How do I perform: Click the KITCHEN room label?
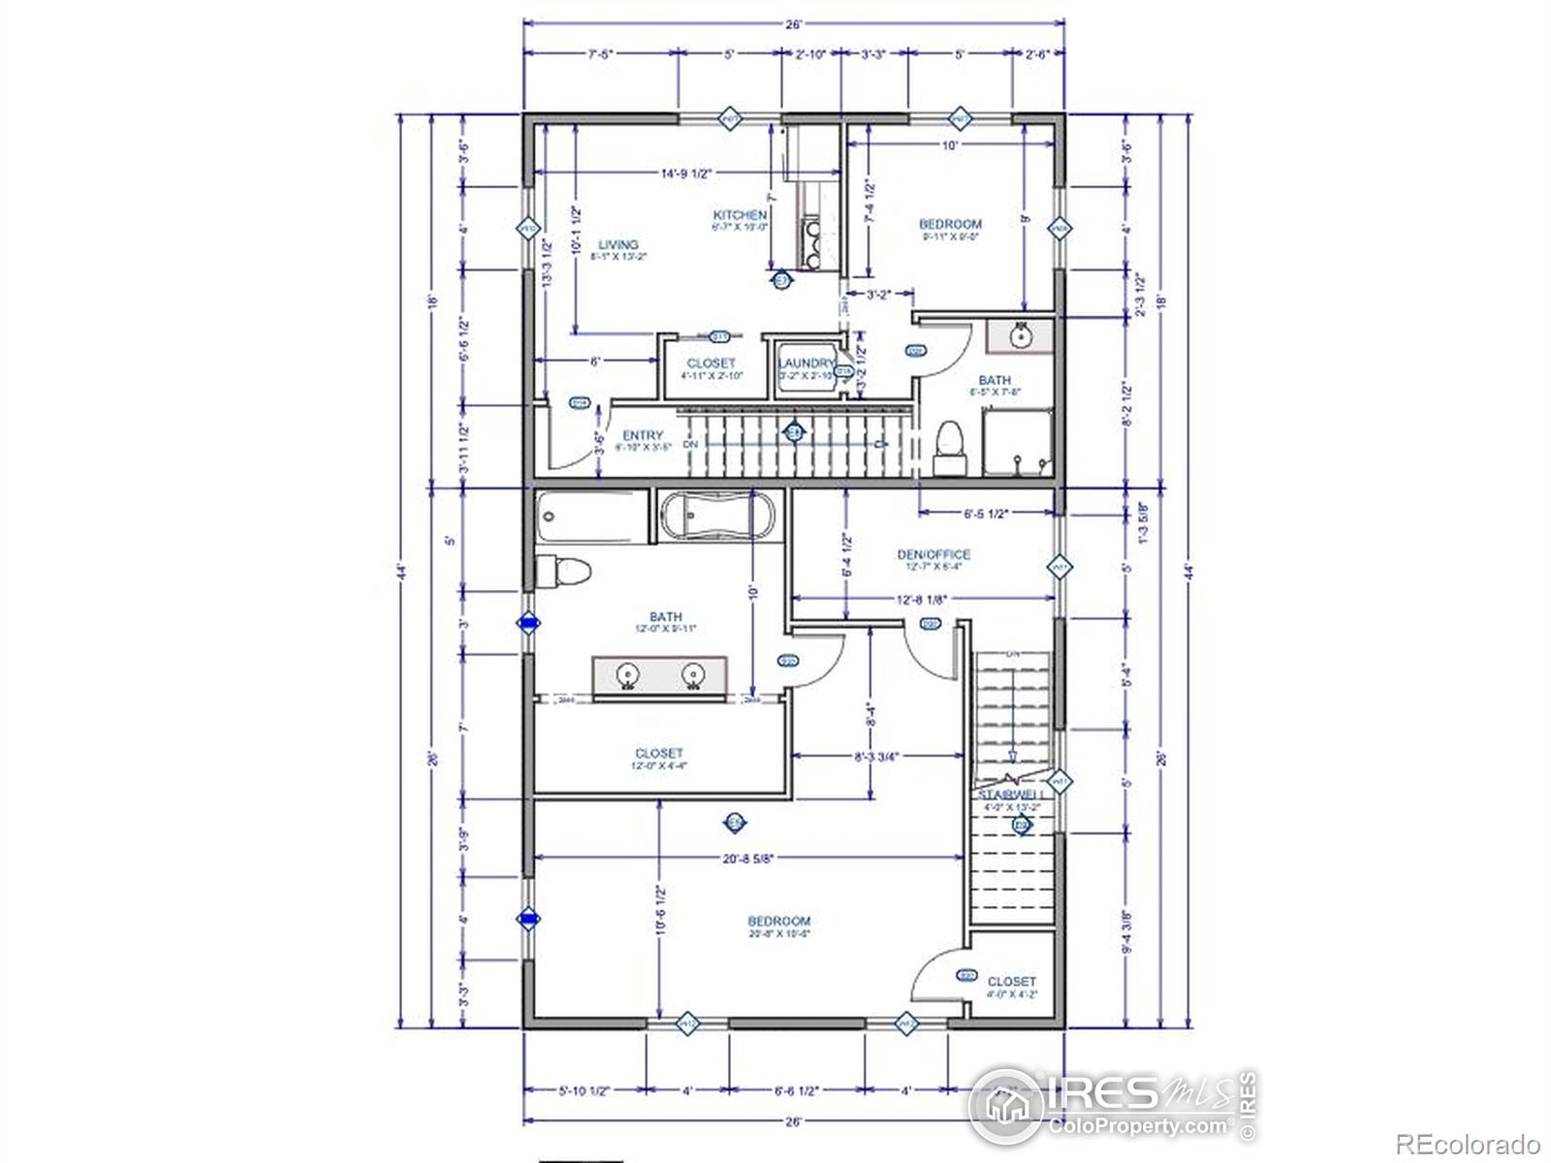pos(741,215)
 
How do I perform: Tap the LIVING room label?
pos(617,245)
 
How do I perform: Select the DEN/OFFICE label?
pos(933,554)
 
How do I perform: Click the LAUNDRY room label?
pos(807,363)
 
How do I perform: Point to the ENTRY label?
pos(643,436)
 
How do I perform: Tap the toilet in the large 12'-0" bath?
pos(562,571)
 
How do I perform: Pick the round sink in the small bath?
pos(1020,336)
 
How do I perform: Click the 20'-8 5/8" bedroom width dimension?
pos(748,857)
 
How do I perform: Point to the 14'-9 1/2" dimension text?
pos(686,173)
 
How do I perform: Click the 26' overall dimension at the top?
pos(795,24)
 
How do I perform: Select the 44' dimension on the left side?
pos(401,569)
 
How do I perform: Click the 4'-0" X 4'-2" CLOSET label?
pos(1011,982)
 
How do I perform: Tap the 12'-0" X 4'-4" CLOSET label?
pos(659,753)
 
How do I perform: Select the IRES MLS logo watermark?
pos(1113,1105)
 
